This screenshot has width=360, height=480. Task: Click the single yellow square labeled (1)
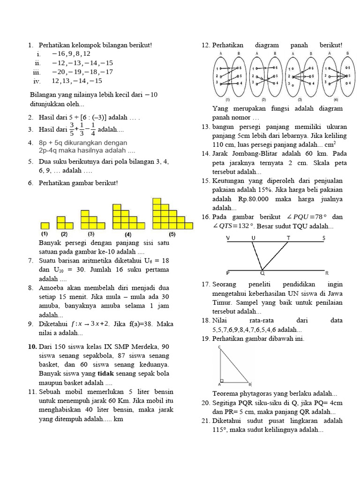pyautogui.click(x=45, y=225)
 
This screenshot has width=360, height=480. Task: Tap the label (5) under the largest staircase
pyautogui.click(x=172, y=234)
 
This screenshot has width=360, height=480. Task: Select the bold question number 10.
pyautogui.click(x=32, y=347)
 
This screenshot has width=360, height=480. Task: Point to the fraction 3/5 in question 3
pyautogui.click(x=72, y=129)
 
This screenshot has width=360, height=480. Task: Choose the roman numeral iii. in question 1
pyautogui.click(x=37, y=72)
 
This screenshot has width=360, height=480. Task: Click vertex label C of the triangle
pyautogui.click(x=219, y=347)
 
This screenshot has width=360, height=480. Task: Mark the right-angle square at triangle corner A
pyautogui.click(x=223, y=380)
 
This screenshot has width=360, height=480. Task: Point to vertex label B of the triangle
pyautogui.click(x=250, y=383)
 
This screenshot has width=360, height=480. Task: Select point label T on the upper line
pyautogui.click(x=288, y=238)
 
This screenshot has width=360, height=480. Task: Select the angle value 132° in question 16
pyautogui.click(x=246, y=226)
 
